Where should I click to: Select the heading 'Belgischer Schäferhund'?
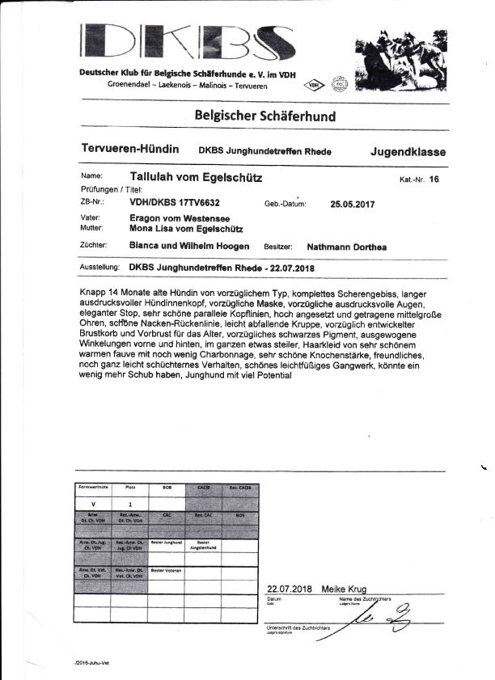click(x=264, y=116)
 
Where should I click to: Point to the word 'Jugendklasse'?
click(x=408, y=151)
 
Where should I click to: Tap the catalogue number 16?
click(x=434, y=180)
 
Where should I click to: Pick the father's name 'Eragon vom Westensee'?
click(x=180, y=218)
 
